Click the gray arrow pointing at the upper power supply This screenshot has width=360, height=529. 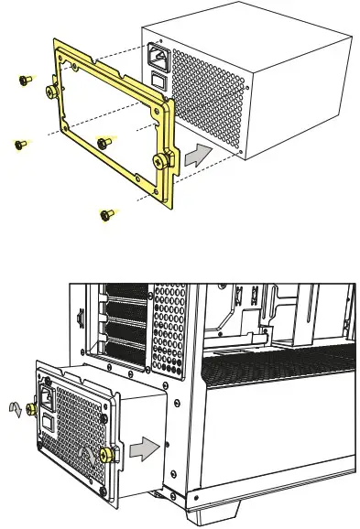[x=194, y=155]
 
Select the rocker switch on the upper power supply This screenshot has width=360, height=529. [x=161, y=81]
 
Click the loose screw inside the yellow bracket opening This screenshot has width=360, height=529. [x=104, y=142]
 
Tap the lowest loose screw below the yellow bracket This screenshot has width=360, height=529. [x=106, y=214]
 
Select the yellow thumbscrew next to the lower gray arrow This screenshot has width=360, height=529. [x=108, y=454]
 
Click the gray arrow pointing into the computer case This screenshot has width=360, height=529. [x=143, y=448]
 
